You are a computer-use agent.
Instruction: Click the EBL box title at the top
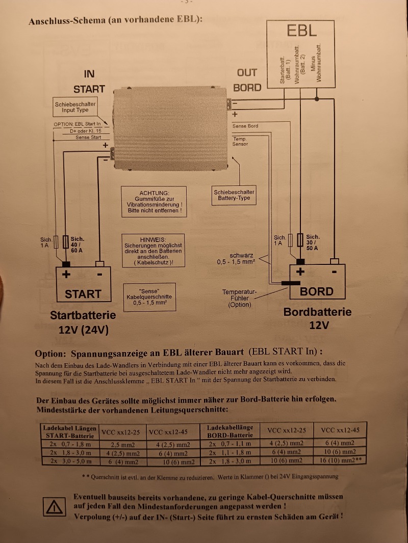(301, 30)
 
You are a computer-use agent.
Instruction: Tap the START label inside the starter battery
(83, 294)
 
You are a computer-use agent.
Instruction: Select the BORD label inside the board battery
(317, 292)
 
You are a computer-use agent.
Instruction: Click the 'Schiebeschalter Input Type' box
(75, 107)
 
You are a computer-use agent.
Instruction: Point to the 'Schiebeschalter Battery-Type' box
(234, 195)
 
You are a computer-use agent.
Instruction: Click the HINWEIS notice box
(154, 250)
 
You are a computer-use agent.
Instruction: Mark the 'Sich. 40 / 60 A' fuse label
(78, 245)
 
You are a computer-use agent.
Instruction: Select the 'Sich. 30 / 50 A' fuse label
(312, 242)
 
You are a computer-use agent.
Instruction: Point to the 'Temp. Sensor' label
(240, 142)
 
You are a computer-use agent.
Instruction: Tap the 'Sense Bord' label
(245, 126)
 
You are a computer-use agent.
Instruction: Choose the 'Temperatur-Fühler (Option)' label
(240, 298)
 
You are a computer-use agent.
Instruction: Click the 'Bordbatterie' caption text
(317, 312)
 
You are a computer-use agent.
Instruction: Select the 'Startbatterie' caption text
(83, 315)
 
